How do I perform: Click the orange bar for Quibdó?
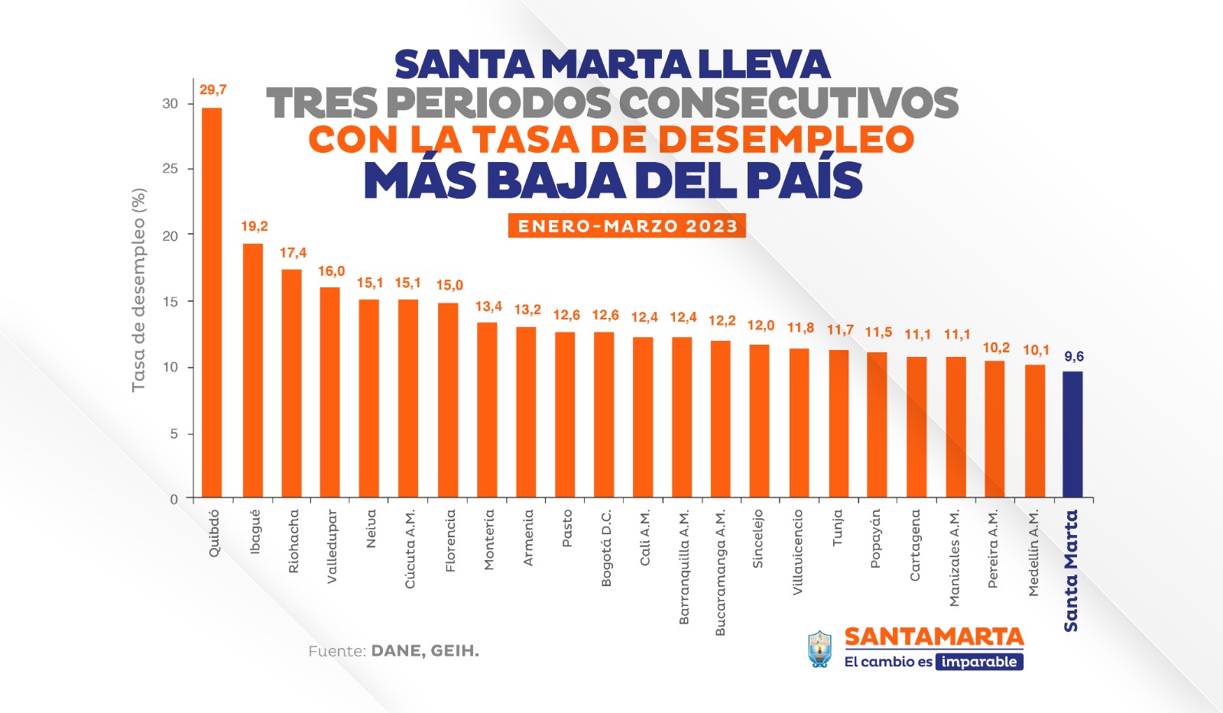coord(212,306)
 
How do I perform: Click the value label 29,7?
coord(213,90)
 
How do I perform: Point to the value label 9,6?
coord(1074,357)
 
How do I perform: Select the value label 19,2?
coord(255,226)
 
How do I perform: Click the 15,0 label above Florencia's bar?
coord(449,286)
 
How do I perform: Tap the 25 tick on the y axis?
coord(170,169)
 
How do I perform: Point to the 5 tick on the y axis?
coord(174,434)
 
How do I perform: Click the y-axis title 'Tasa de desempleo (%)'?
coord(138,290)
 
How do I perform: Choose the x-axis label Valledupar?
coord(332,546)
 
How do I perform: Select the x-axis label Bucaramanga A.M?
coord(720,572)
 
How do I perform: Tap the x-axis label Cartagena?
coord(915,546)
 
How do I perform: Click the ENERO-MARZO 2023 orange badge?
coord(627,226)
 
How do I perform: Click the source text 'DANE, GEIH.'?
coord(425,651)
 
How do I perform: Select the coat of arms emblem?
coord(820,650)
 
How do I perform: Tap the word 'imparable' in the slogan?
coord(979,662)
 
